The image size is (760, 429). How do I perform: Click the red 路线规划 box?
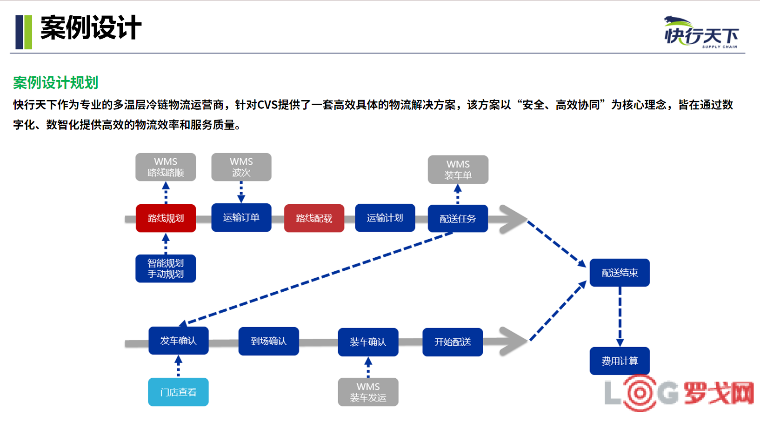(x=166, y=218)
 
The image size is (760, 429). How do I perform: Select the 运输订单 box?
(x=241, y=218)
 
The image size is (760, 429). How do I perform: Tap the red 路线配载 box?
(x=314, y=218)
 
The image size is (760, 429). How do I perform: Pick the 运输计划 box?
(x=385, y=218)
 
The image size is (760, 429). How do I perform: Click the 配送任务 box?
(x=458, y=219)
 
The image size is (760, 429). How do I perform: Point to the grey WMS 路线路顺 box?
(x=166, y=167)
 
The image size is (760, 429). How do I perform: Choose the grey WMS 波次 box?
(x=241, y=167)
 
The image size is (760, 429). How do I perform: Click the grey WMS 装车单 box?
(x=458, y=170)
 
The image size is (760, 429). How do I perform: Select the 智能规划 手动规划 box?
(x=166, y=268)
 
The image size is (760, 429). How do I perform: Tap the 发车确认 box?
(x=179, y=341)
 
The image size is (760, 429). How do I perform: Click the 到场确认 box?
(x=269, y=341)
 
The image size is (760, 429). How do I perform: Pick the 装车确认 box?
(x=368, y=342)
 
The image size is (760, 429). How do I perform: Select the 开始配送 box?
(x=453, y=342)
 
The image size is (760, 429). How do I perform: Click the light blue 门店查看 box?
(x=179, y=392)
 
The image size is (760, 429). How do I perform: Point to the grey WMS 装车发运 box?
(x=368, y=392)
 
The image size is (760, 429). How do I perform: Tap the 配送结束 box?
(x=620, y=273)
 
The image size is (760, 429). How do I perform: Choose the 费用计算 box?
(x=620, y=361)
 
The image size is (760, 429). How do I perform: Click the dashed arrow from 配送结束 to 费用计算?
(x=620, y=317)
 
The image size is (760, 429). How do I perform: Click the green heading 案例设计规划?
(x=56, y=82)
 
